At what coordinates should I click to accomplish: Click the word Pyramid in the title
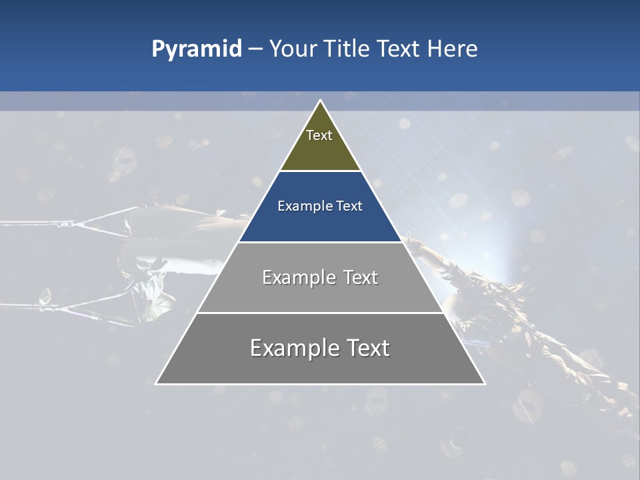coord(196,49)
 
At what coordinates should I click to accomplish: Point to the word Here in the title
coord(452,49)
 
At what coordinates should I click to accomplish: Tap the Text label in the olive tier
coord(319,135)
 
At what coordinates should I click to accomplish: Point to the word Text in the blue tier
coord(350,206)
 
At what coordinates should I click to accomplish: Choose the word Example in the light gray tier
coord(297,277)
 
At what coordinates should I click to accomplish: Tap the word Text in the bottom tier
coord(369,348)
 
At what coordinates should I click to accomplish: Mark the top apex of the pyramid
coord(320,101)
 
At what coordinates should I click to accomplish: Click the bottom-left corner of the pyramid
coord(157,383)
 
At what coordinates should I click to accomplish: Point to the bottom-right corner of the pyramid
coord(484,383)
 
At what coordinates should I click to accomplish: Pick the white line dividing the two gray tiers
coord(320,313)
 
